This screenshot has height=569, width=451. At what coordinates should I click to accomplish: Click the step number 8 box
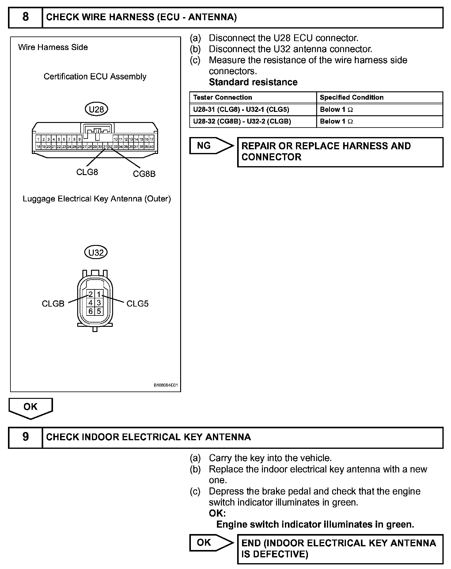25,17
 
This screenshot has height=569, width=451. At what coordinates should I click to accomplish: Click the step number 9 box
25,437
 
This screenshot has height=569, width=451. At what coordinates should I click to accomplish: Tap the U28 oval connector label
96,109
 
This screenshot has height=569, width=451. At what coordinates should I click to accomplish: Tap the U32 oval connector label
96,253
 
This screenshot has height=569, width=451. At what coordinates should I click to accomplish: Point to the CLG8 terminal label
87,172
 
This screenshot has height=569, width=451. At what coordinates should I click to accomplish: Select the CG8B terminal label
144,174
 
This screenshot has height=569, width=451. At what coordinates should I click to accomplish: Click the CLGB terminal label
53,304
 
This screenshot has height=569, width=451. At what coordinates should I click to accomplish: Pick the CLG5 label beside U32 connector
137,304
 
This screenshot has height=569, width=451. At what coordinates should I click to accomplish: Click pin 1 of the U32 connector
99,295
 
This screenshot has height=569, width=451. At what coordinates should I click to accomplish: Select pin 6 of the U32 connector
91,311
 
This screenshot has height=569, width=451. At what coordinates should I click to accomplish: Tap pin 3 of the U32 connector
99,303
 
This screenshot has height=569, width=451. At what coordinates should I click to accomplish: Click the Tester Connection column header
222,97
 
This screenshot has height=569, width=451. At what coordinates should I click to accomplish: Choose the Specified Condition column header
351,97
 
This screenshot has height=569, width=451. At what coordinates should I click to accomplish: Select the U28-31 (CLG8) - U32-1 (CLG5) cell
241,109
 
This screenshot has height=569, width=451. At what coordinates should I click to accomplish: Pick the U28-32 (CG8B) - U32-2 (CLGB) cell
242,121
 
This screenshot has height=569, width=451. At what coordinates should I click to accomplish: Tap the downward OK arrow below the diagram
30,407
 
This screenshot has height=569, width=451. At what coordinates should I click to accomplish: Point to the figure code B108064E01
165,385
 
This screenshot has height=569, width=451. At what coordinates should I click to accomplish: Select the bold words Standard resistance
253,82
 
